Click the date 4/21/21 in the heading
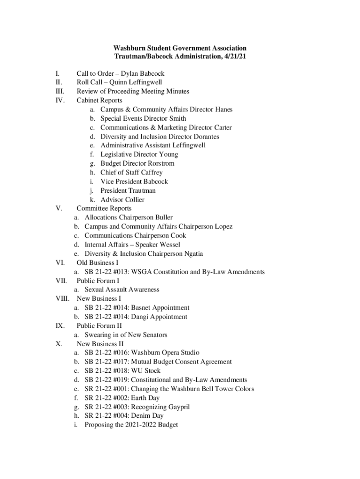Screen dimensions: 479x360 (234, 56)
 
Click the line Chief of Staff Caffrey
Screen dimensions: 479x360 (131, 173)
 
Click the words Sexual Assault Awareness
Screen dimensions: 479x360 (122, 290)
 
